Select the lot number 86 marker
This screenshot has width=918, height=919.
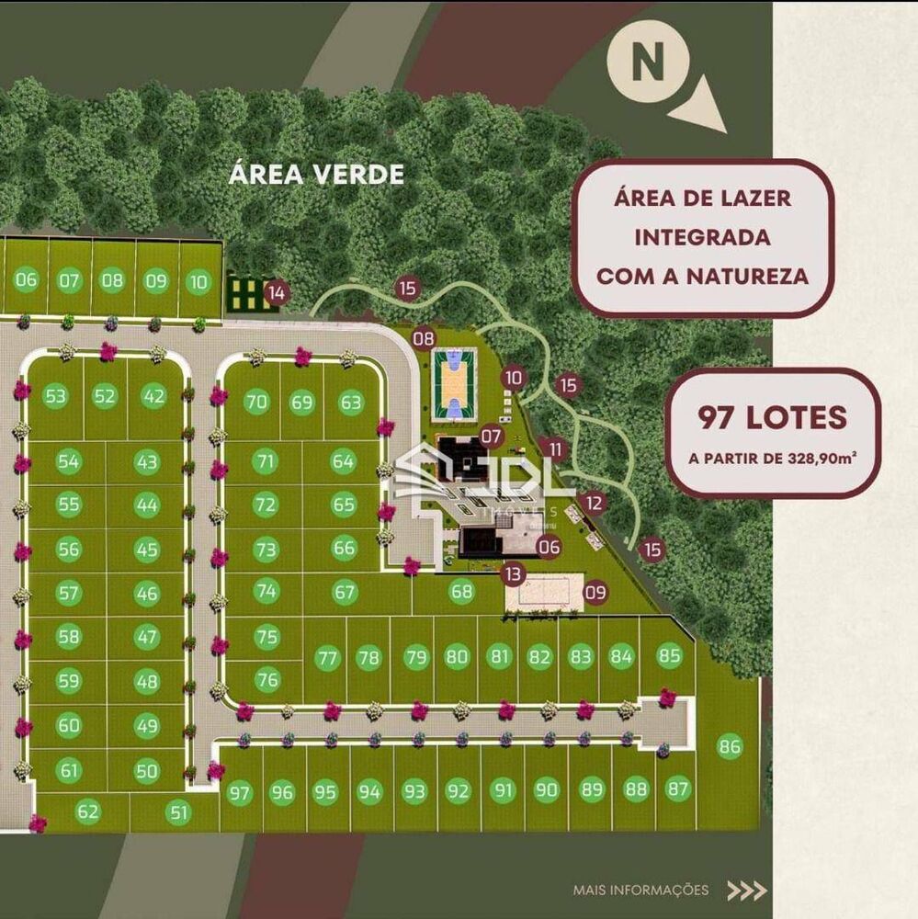tap(731, 745)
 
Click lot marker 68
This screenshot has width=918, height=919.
tap(461, 593)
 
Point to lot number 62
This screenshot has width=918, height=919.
tap(88, 811)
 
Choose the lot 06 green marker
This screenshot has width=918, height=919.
tap(27, 280)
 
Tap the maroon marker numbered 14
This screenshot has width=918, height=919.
tap(276, 293)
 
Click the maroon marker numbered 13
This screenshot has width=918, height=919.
tap(513, 574)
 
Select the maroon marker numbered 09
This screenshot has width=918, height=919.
tap(595, 593)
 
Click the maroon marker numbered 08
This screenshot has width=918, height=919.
tap(424, 338)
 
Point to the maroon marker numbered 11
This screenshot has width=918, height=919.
tap(553, 449)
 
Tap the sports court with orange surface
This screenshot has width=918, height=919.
tap(454, 380)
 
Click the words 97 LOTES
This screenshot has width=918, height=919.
tap(772, 418)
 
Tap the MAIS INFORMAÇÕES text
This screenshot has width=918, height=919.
tap(640, 890)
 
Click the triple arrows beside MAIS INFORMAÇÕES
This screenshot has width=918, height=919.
tap(746, 890)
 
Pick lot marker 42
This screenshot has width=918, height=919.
tap(153, 396)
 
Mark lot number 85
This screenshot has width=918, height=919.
tap(669, 656)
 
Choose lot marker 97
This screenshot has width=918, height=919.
tap(240, 793)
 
